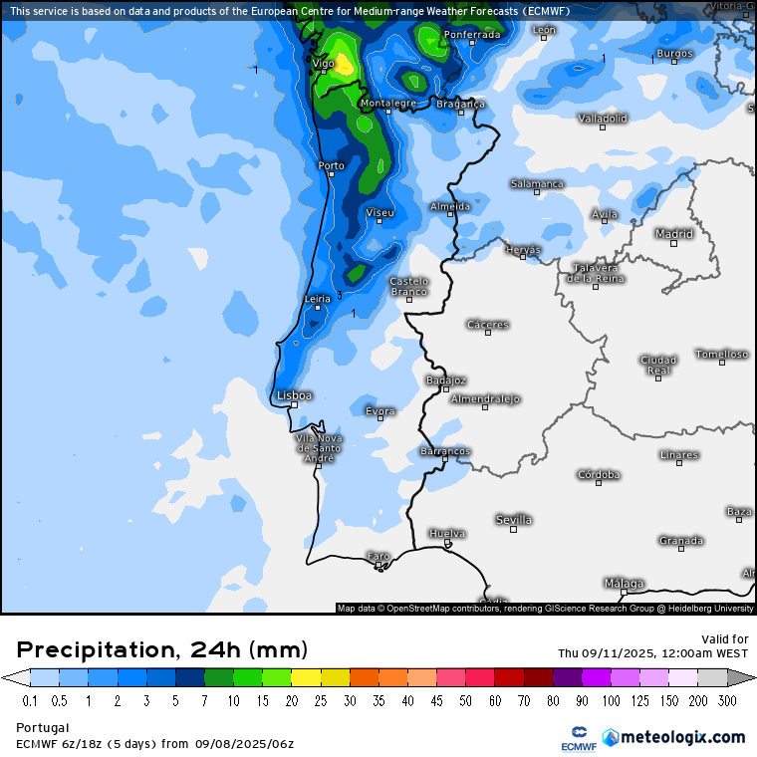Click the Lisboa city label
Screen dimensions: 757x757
point(295,395)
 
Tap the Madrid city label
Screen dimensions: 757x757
point(674,234)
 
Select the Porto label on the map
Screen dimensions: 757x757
point(331,165)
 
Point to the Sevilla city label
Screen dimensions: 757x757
point(514,520)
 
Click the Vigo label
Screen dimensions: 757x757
point(324,64)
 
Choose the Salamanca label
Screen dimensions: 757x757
point(537,184)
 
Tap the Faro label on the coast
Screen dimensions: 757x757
point(378,556)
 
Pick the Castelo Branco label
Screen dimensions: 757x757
point(408,286)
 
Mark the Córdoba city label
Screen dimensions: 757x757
point(599,475)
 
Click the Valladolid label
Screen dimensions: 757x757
point(603,119)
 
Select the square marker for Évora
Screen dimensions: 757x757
point(380,419)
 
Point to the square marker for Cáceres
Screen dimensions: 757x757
point(488,333)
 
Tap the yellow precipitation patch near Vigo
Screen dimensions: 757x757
point(344,64)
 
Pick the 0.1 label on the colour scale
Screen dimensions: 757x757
point(30,700)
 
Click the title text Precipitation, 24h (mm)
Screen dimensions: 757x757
point(162,650)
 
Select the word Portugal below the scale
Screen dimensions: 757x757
point(42,728)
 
